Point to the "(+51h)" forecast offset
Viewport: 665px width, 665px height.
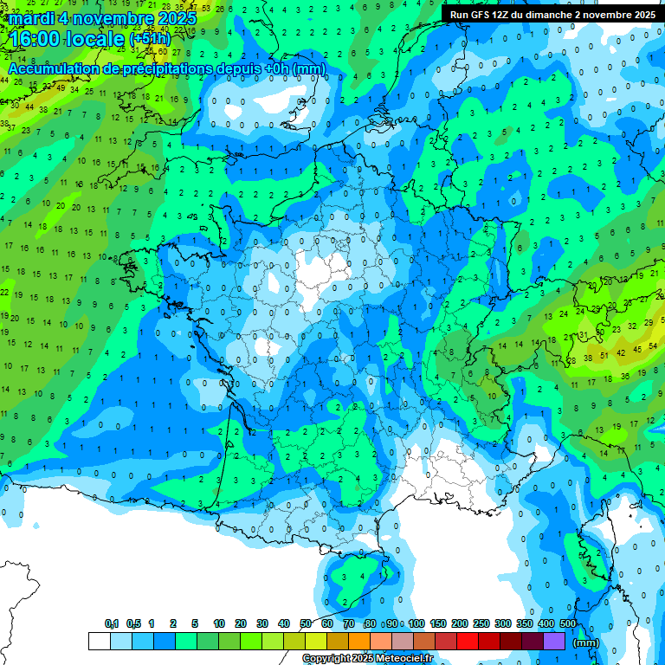(x=150, y=39)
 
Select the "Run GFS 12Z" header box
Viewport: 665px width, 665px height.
(x=552, y=14)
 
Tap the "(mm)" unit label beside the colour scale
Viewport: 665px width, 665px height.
(x=586, y=642)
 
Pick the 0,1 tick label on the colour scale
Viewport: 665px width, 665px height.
(x=111, y=623)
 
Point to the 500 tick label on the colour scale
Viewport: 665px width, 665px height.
(x=568, y=623)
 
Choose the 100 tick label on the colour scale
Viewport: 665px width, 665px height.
(x=416, y=623)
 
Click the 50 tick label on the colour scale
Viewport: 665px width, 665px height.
(x=306, y=623)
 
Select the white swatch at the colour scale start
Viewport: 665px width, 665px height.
(x=99, y=641)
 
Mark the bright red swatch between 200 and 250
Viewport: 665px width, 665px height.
(x=468, y=641)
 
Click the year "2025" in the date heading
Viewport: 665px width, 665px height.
(x=176, y=17)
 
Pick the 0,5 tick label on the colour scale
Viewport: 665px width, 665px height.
(x=133, y=623)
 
